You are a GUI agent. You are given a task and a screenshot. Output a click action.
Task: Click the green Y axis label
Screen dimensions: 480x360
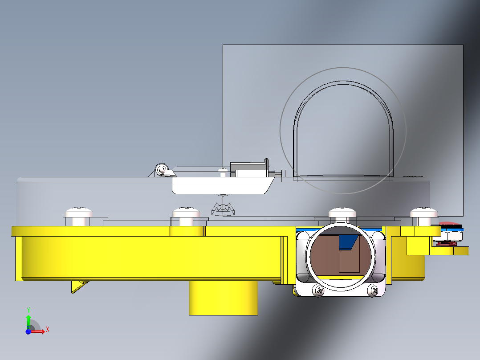coord(28,310)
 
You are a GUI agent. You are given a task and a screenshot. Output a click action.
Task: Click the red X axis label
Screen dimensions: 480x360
coord(48,330)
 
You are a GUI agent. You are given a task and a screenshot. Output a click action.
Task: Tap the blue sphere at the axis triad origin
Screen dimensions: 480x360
coord(28,331)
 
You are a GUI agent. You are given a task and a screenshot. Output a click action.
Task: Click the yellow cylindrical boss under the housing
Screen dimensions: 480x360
coord(223,298)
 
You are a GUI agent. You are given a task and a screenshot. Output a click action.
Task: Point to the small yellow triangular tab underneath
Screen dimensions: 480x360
coord(79,286)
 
